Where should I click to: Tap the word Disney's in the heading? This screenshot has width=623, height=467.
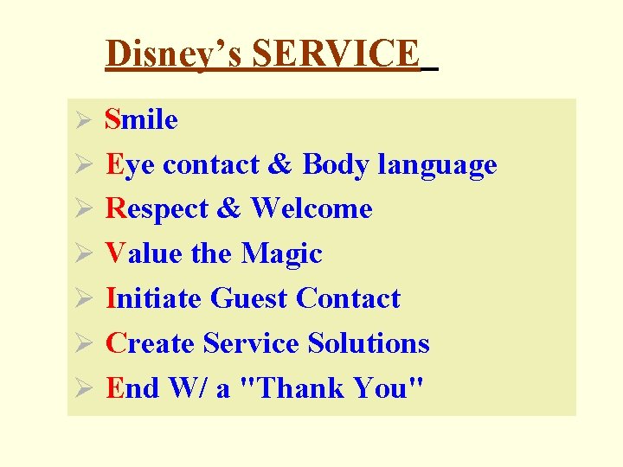pyautogui.click(x=174, y=54)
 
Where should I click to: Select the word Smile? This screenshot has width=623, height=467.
pyautogui.click(x=142, y=119)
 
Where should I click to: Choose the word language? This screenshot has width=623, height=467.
pyautogui.click(x=437, y=164)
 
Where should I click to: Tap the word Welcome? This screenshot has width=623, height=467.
pyautogui.click(x=311, y=209)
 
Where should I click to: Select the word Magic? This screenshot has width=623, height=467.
pyautogui.click(x=281, y=254)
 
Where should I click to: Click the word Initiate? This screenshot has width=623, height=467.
pyautogui.click(x=154, y=298)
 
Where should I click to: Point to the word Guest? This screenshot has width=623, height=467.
pyautogui.click(x=249, y=298)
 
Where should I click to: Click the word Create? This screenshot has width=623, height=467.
pyautogui.click(x=151, y=343)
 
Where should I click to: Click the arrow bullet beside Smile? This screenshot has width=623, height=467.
pyautogui.click(x=83, y=120)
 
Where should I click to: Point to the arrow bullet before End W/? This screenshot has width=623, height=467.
pyautogui.click(x=83, y=389)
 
